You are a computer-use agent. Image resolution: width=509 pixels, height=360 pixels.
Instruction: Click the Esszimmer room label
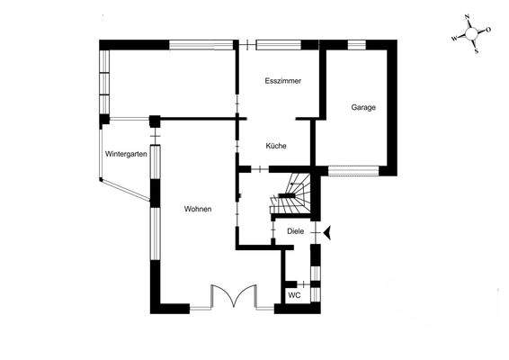coord(282,81)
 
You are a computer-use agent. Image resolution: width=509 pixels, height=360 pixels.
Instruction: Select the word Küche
coord(276,145)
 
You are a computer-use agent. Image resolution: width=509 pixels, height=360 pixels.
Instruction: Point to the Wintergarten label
coord(126,154)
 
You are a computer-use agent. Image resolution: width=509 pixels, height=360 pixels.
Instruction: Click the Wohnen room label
coord(198,209)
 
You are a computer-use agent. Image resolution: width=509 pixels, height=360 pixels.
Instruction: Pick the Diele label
coord(295,231)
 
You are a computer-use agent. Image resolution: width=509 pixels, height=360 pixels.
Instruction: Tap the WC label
coord(294,295)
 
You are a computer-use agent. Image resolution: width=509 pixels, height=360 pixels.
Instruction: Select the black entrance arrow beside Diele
coord(328,232)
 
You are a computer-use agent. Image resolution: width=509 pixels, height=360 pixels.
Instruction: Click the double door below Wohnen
coord(232,298)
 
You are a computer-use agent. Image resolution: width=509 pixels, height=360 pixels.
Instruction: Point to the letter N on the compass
coord(468,17)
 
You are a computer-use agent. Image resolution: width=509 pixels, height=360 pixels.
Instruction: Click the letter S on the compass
coord(477,50)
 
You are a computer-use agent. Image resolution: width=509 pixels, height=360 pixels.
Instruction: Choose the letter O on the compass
coord(488,30)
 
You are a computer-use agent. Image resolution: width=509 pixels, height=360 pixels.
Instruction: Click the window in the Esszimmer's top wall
coord(279,42)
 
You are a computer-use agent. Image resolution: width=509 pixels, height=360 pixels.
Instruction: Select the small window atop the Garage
coord(356,43)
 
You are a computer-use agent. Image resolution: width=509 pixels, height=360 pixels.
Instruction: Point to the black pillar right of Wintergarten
coord(154,119)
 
